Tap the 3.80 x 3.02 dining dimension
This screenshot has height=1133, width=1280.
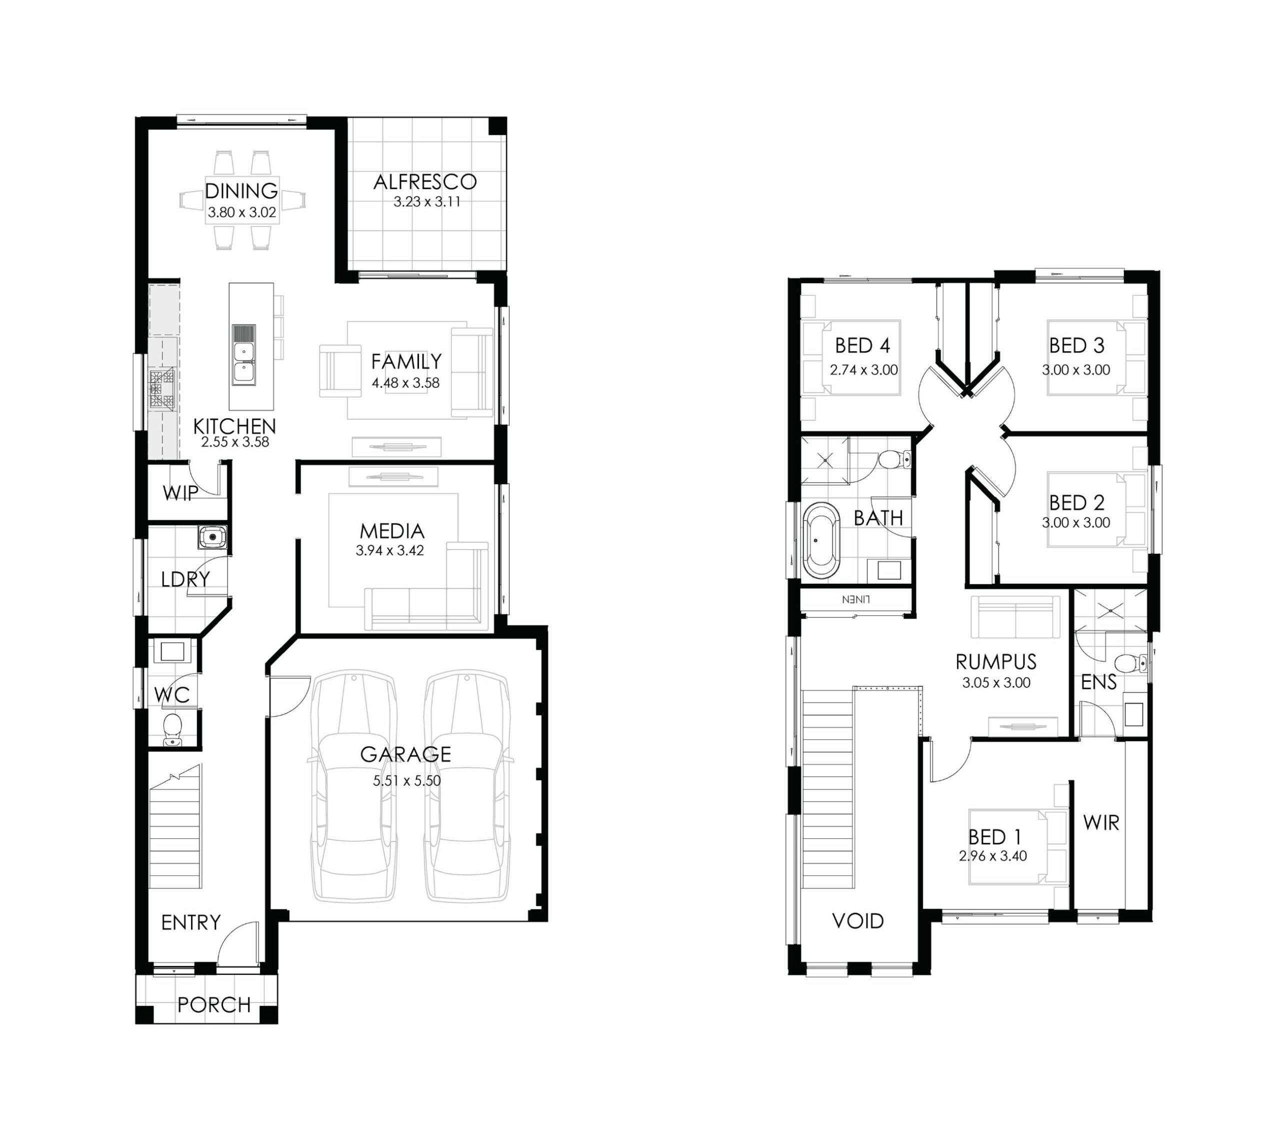(241, 213)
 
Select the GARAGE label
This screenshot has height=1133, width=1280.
(405, 754)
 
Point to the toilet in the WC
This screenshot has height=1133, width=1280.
(172, 729)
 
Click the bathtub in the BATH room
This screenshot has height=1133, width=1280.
(821, 540)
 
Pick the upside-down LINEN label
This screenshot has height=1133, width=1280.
(856, 599)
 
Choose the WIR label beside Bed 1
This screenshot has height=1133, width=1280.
(1101, 822)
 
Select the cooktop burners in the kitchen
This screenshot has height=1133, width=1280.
(161, 390)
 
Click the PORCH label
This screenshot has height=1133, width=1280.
(214, 1004)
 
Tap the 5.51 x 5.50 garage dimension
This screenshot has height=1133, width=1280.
(407, 780)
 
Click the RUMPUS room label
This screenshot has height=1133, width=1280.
(995, 662)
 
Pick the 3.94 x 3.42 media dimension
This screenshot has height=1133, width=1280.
(390, 551)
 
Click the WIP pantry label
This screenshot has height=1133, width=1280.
(180, 493)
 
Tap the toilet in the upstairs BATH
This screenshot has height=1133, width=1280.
(894, 459)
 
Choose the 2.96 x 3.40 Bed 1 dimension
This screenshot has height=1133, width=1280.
(992, 856)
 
